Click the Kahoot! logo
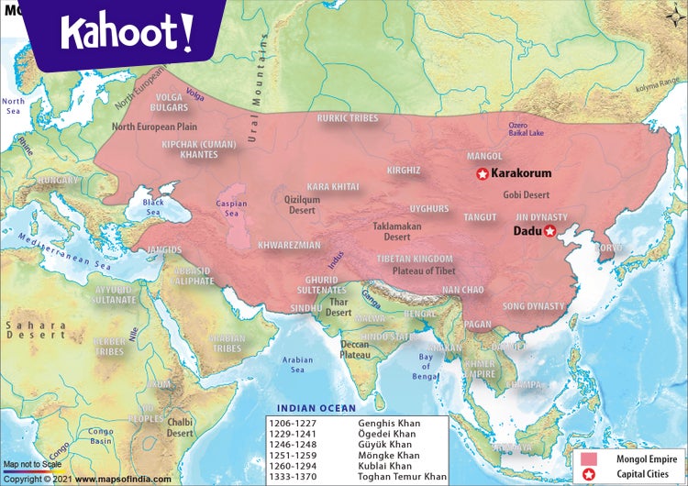click(127, 32)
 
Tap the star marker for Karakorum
click(482, 173)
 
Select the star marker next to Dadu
click(549, 232)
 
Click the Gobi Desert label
click(527, 194)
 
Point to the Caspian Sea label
click(231, 208)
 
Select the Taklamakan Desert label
click(396, 231)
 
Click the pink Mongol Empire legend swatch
click(586, 458)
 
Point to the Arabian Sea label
click(298, 365)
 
